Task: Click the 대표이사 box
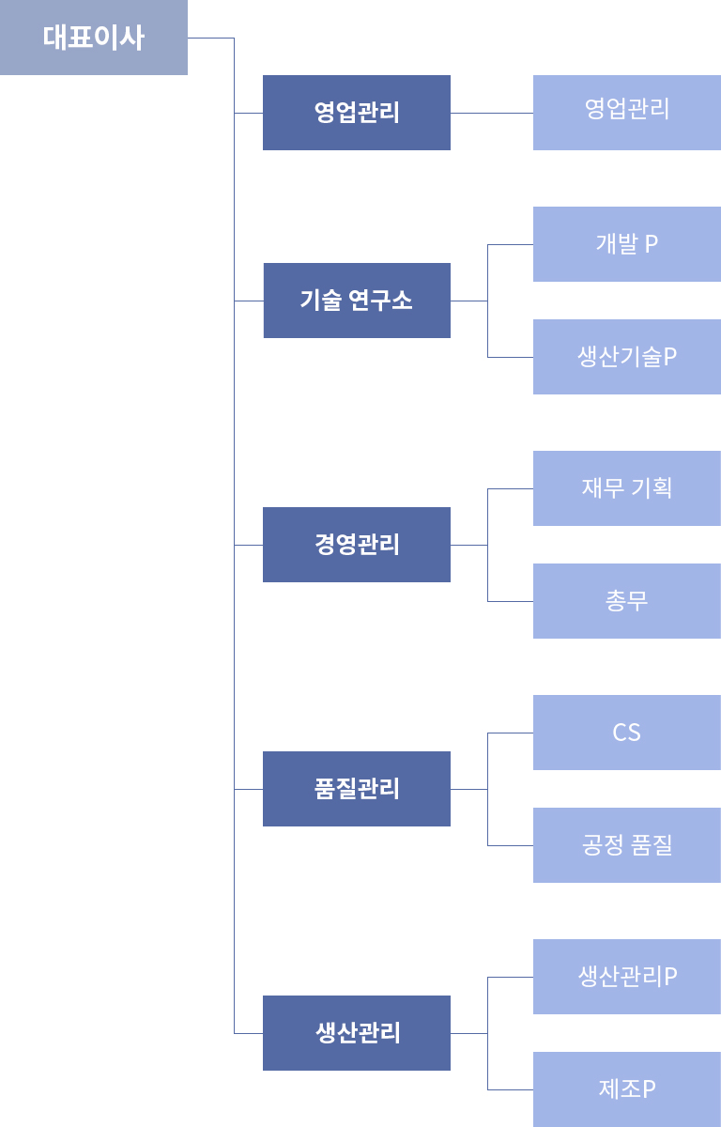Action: (x=94, y=38)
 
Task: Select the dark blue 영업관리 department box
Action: (x=357, y=113)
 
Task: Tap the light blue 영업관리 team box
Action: (x=627, y=113)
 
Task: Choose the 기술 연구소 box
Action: (x=357, y=301)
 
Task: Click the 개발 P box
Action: (x=627, y=244)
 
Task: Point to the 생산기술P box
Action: (x=627, y=357)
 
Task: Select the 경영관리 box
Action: (x=357, y=545)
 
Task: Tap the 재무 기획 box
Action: (x=627, y=488)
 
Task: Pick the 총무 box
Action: (x=627, y=601)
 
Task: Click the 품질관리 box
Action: (x=357, y=789)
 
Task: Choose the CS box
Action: (x=627, y=733)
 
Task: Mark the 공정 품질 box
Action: (x=627, y=845)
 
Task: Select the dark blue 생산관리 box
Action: (x=357, y=1033)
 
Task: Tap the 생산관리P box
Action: (x=627, y=977)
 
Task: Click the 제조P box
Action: (x=627, y=1089)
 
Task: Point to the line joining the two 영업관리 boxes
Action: (x=492, y=114)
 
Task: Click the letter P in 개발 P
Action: (x=652, y=244)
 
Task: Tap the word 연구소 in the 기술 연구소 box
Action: (x=380, y=300)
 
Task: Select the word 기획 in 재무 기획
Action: (x=652, y=487)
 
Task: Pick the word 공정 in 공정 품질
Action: (x=603, y=844)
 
